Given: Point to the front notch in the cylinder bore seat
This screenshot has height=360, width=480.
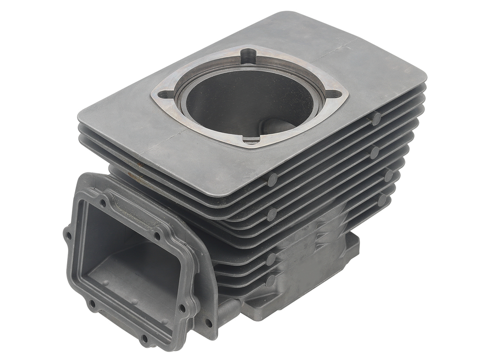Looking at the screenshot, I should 252,139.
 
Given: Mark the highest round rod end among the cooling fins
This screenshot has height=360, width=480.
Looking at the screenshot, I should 376,119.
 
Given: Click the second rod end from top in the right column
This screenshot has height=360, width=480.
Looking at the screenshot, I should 375,152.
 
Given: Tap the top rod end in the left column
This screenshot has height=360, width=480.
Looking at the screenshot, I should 272,179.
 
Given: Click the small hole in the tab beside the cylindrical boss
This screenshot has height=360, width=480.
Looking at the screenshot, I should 207,322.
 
